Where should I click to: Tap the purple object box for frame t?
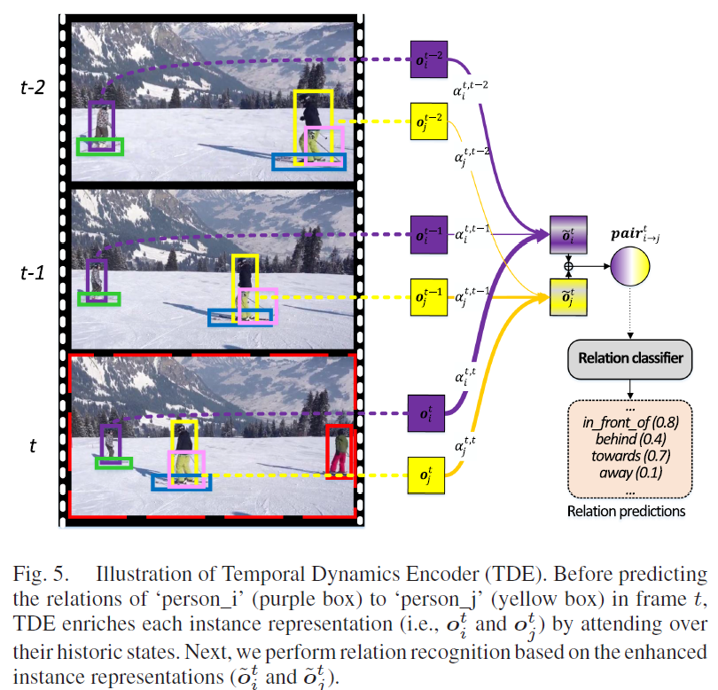click(x=424, y=412)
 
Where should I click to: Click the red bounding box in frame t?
click(x=339, y=451)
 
